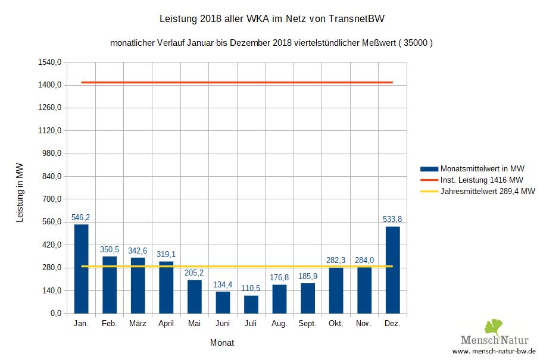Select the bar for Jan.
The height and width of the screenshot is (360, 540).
click(x=81, y=269)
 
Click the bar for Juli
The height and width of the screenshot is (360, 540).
click(x=251, y=304)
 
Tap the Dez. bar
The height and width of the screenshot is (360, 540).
click(x=392, y=270)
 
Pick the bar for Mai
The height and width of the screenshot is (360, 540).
click(x=194, y=296)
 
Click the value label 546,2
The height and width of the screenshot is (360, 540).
click(x=80, y=218)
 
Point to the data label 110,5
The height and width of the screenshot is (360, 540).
click(x=251, y=289)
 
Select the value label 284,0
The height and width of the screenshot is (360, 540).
click(x=364, y=260)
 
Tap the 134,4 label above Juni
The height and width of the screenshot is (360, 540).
click(x=222, y=284)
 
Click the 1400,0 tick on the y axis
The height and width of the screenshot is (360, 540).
click(x=50, y=85)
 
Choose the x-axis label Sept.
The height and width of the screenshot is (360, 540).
click(x=307, y=324)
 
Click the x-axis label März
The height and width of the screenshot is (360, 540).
click(x=138, y=324)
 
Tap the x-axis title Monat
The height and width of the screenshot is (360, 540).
click(x=222, y=343)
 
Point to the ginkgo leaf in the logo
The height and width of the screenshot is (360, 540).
click(x=494, y=327)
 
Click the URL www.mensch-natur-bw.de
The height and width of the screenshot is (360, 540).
click(x=494, y=352)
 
